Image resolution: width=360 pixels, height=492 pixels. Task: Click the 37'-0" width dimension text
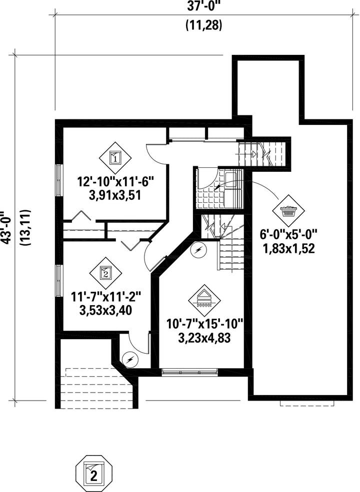tap(203, 6)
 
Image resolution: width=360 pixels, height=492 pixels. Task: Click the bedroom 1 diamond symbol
tap(115, 157)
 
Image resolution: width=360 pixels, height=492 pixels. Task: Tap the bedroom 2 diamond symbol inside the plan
tap(105, 273)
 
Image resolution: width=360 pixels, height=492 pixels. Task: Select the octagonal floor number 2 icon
tap(94, 473)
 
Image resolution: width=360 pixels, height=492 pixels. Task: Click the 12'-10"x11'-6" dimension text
tap(115, 182)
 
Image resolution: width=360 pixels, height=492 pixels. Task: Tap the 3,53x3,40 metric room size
tap(105, 310)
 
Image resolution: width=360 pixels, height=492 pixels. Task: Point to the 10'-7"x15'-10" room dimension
tap(205, 324)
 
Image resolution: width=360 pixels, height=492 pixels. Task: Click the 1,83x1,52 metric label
tap(288, 249)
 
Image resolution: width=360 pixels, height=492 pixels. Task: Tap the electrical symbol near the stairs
tap(198, 250)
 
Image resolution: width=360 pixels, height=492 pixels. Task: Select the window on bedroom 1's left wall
tap(58, 180)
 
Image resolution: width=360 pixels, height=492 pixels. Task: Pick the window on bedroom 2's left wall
tap(58, 280)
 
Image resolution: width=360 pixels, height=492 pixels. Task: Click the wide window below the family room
tap(189, 372)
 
